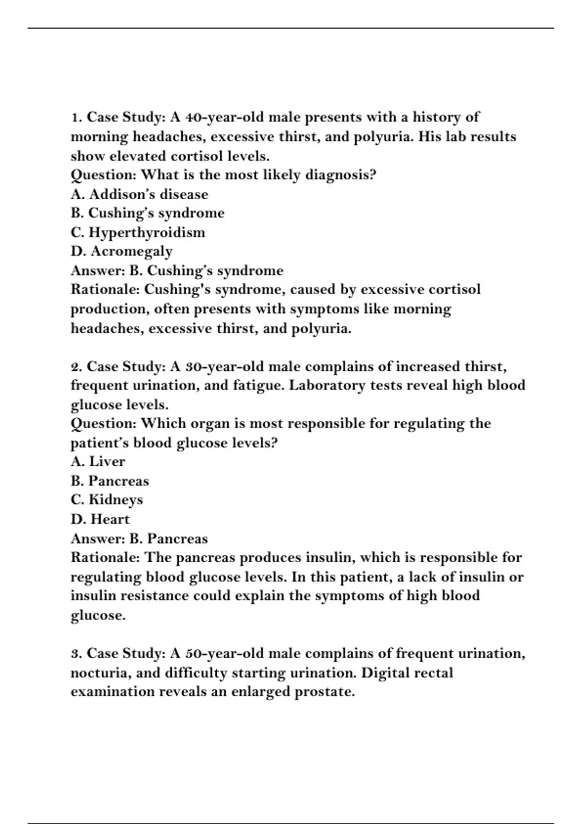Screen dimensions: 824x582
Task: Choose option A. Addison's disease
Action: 139,194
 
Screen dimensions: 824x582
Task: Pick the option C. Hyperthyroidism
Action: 138,232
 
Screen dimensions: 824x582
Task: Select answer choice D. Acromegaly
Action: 122,251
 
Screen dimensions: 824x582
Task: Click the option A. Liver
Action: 98,461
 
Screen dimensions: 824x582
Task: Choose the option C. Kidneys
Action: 107,500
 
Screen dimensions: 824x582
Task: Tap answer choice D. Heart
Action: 100,519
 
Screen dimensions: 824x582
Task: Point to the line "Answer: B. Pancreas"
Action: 139,539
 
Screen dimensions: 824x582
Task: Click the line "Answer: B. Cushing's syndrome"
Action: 177,270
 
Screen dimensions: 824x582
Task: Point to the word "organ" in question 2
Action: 210,424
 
